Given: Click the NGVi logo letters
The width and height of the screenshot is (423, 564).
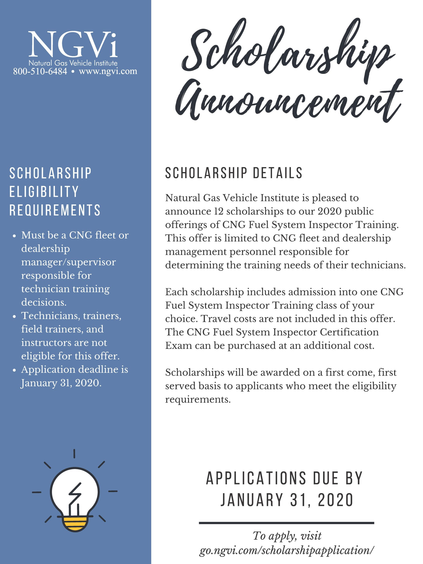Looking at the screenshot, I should tap(73, 45).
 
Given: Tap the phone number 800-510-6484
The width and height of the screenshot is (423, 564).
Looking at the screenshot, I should tap(40, 71).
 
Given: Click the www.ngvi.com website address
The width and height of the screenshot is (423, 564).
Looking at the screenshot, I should tap(108, 71).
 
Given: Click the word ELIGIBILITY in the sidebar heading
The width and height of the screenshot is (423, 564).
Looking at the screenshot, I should tap(44, 191).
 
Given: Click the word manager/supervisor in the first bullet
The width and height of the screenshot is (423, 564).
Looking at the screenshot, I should tap(68, 262).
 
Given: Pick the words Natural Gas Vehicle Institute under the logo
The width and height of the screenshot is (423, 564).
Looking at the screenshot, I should tap(73, 63).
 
